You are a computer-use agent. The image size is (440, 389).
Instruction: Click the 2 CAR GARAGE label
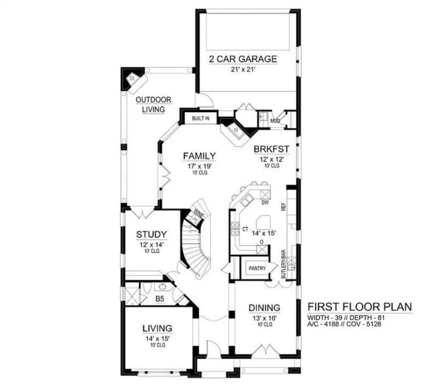click(243, 59)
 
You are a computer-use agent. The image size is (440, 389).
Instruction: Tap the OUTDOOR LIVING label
click(153, 105)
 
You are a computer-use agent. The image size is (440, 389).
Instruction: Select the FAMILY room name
click(199, 156)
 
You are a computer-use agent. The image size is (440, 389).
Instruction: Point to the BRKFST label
click(271, 149)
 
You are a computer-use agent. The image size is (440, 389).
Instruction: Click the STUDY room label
click(151, 234)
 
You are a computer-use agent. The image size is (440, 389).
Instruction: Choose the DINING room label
click(264, 308)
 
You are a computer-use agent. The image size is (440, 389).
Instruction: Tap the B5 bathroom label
click(160, 299)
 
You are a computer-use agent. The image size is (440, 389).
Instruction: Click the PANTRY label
click(257, 268)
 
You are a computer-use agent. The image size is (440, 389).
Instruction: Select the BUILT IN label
click(200, 118)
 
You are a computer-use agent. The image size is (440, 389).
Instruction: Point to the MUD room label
click(275, 121)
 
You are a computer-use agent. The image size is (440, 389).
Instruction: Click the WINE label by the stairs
click(199, 214)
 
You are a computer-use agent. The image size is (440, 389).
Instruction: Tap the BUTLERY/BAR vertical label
click(283, 264)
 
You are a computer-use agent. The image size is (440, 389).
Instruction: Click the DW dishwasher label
click(265, 202)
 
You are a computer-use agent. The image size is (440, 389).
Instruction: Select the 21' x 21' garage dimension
click(243, 69)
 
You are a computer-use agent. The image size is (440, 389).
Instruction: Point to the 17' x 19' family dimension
click(199, 166)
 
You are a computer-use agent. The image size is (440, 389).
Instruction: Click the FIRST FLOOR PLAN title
click(360, 307)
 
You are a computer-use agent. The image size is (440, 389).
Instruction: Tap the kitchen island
click(263, 222)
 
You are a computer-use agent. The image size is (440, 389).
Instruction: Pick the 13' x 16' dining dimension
click(264, 318)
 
